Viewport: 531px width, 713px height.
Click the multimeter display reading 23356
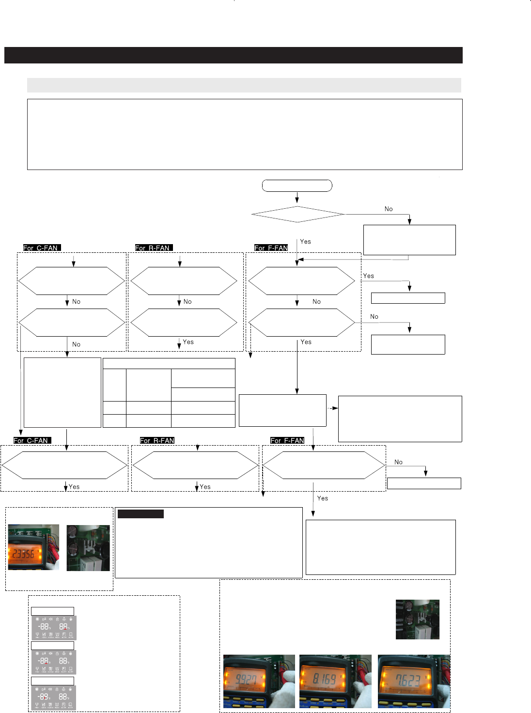23,554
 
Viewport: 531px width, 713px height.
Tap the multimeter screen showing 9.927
246,680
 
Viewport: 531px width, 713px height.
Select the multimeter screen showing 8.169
324,679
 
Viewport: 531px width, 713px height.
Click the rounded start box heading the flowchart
297,186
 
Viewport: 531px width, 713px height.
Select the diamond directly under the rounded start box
297,214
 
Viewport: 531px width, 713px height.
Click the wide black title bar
233,55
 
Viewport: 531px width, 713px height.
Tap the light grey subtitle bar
244,85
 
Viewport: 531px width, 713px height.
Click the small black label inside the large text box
141,514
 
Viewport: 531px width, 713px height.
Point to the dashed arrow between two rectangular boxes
332,408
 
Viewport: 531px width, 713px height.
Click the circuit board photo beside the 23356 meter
88,547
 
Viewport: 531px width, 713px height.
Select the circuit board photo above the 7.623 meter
417,619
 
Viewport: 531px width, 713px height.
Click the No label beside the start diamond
389,209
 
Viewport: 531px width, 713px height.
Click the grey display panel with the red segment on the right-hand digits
54,627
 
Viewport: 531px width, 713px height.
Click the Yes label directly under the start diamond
305,241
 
